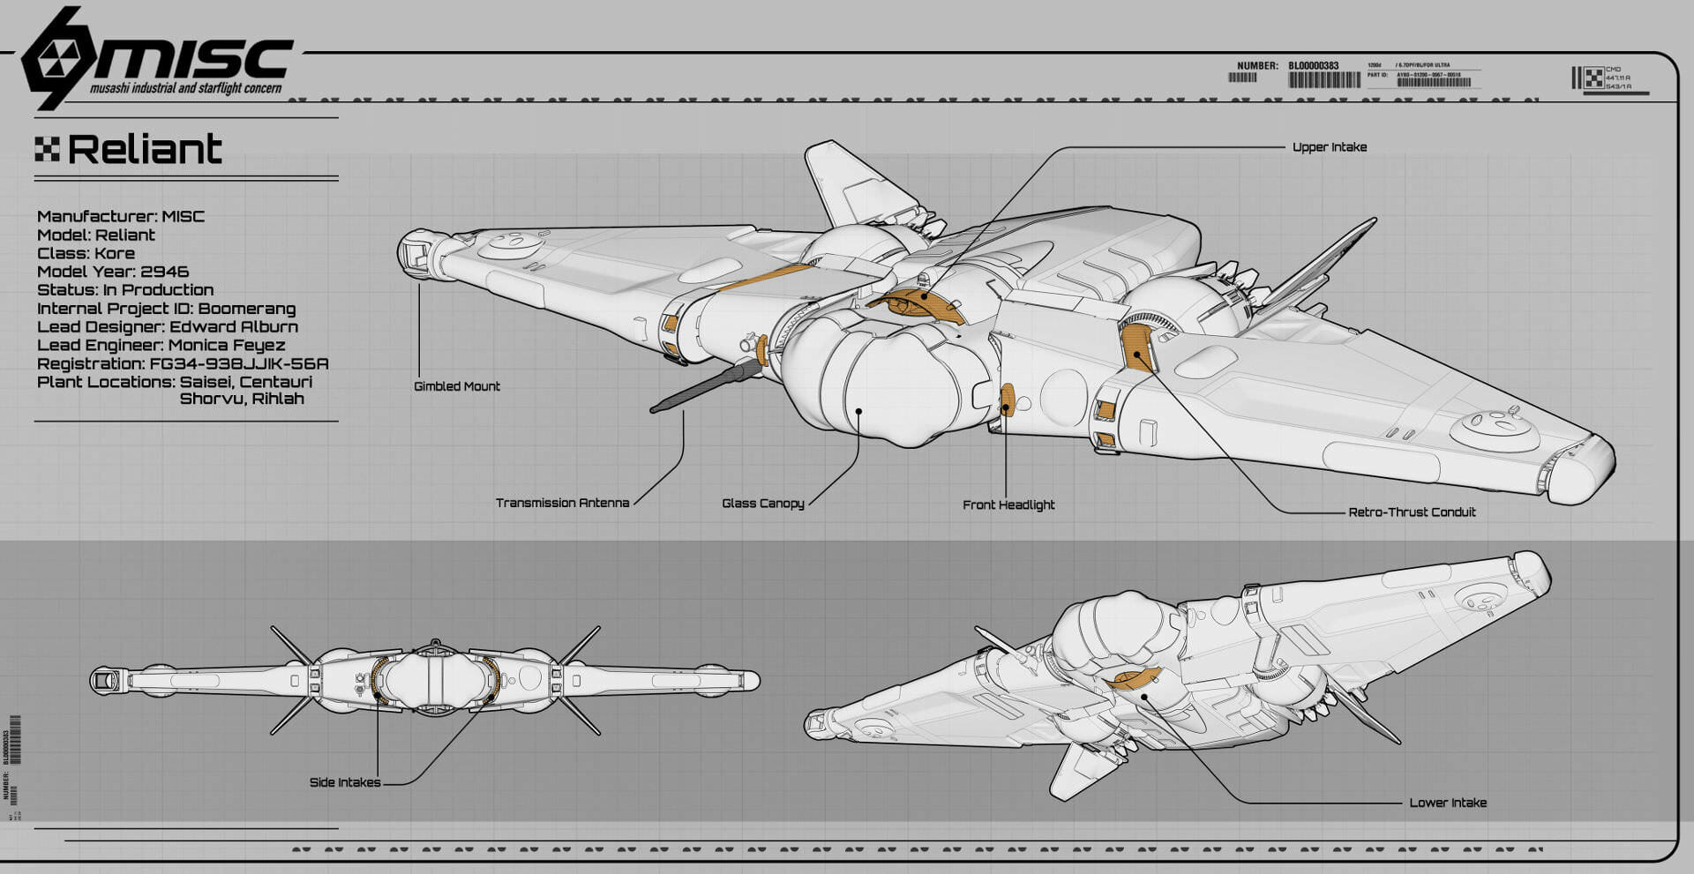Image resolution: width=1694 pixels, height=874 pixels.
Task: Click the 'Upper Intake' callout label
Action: (1329, 147)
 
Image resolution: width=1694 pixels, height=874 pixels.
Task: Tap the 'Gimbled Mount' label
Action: (456, 386)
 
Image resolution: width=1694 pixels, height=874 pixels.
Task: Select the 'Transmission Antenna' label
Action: (562, 503)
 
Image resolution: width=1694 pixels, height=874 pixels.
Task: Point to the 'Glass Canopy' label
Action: (762, 504)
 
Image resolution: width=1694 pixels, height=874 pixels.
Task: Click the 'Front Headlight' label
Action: (1008, 504)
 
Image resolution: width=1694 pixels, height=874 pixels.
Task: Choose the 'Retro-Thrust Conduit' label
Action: (1412, 512)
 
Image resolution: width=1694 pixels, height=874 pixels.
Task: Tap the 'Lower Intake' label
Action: (1447, 803)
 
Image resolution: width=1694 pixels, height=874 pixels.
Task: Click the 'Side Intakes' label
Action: (345, 782)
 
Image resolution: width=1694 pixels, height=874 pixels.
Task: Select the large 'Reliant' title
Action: (145, 150)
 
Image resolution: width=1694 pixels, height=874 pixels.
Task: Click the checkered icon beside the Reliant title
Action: (47, 150)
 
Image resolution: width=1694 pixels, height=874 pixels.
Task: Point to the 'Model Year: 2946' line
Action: (113, 272)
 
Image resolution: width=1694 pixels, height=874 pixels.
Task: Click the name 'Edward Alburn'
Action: (234, 326)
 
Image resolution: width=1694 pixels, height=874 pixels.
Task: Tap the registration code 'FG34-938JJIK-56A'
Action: (239, 363)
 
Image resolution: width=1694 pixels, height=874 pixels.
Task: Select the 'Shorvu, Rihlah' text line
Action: (242, 399)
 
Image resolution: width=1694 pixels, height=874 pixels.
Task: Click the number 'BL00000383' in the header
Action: (1313, 66)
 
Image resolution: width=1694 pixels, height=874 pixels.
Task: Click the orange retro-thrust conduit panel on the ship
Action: (1136, 347)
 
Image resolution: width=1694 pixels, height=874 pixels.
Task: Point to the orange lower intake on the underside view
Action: (1134, 678)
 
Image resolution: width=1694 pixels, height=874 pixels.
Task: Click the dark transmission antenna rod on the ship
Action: (706, 386)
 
